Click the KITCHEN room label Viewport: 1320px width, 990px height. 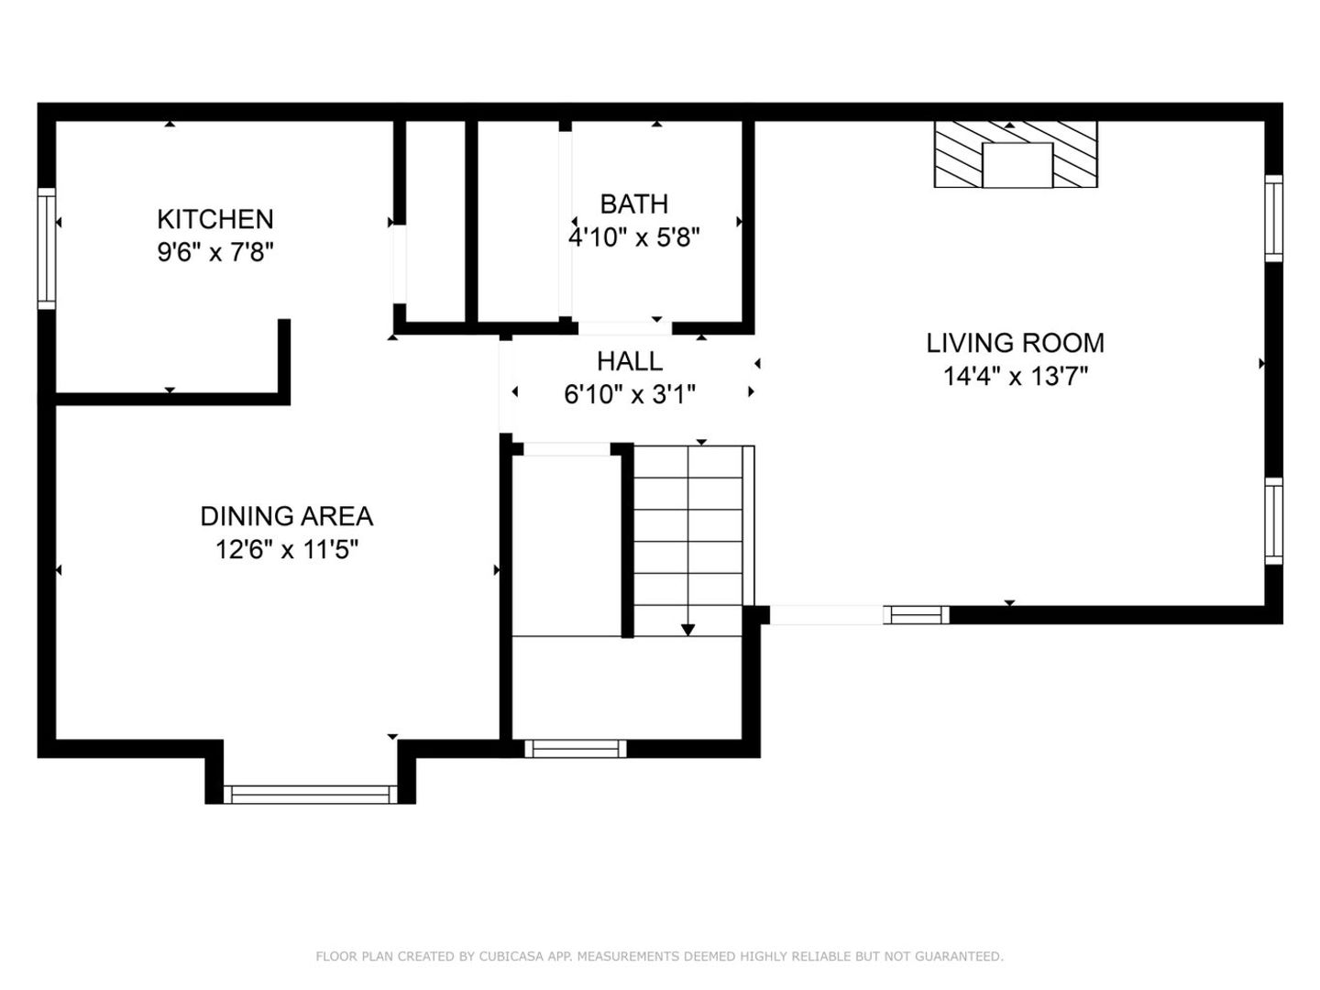tap(215, 219)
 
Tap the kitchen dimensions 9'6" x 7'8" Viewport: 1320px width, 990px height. tap(215, 252)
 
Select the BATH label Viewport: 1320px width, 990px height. tap(633, 204)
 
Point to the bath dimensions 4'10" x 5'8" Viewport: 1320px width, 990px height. tap(633, 237)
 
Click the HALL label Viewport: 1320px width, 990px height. tap(630, 361)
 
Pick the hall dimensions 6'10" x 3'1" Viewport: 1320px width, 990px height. tap(630, 395)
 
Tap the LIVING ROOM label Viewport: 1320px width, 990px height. tap(1015, 343)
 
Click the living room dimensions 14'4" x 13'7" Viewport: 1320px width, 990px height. tap(1015, 377)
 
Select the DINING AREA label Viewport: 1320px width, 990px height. tap(286, 516)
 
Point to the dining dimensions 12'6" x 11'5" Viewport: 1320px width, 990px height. tap(286, 549)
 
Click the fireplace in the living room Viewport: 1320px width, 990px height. tap(1016, 155)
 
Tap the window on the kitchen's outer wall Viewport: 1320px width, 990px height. tap(47, 248)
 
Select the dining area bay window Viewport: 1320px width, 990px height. tap(311, 795)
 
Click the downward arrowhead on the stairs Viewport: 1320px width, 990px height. tap(688, 630)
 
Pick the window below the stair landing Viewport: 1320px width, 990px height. tap(576, 749)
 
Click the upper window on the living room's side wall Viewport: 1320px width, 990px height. tap(1273, 218)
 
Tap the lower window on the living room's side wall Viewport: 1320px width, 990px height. tap(1273, 522)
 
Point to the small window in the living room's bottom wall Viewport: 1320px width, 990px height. tap(917, 615)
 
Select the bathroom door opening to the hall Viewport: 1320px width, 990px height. tap(625, 328)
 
